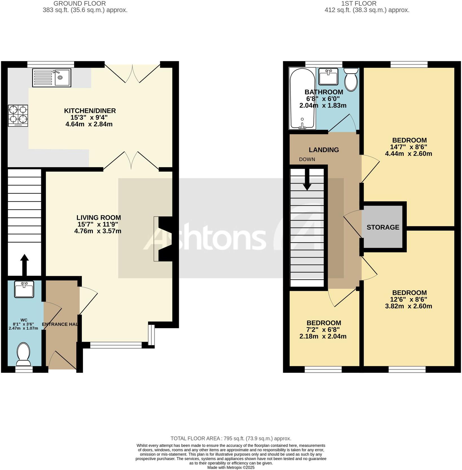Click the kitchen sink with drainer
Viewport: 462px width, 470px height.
[51, 78]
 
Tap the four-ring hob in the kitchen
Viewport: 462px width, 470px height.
[18, 115]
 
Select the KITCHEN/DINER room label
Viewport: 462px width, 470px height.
[90, 111]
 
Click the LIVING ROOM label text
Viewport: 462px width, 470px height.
[98, 218]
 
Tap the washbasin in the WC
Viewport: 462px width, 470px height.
[24, 289]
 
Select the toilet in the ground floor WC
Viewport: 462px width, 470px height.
[24, 354]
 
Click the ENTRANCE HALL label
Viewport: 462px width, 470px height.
[60, 324]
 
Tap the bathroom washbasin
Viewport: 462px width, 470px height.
[328, 76]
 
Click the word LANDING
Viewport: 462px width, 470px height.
[324, 150]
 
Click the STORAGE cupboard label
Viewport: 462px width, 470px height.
[383, 227]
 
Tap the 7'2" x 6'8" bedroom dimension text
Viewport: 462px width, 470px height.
[324, 330]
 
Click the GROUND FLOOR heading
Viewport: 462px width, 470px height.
[80, 4]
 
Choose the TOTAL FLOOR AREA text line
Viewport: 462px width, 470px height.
[231, 438]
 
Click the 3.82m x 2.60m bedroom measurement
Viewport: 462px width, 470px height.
[408, 306]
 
